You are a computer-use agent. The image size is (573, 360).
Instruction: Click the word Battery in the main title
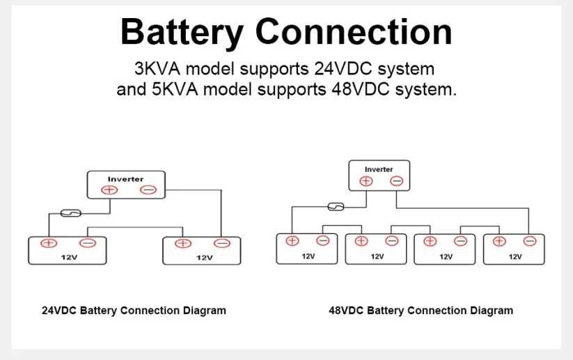click(182, 32)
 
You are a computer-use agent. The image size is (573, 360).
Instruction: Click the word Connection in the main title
click(353, 32)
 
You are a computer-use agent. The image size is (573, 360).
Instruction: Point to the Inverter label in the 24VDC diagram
click(125, 179)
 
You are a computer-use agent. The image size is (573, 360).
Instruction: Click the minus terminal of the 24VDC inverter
click(148, 189)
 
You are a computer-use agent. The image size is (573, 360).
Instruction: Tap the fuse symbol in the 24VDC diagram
click(71, 212)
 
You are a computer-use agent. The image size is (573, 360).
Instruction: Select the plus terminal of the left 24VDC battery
click(48, 243)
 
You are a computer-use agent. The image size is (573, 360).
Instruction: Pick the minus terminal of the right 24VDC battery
click(221, 243)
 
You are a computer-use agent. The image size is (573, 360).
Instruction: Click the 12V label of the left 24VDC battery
click(68, 257)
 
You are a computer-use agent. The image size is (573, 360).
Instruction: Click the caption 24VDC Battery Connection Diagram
click(134, 311)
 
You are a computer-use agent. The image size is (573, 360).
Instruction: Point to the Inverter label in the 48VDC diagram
click(379, 169)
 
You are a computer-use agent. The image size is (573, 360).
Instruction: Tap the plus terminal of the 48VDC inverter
click(366, 181)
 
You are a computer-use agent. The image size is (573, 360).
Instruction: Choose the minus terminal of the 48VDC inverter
click(396, 181)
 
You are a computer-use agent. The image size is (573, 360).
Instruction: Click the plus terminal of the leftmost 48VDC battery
click(292, 241)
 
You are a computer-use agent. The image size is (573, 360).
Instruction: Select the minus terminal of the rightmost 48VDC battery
click(530, 241)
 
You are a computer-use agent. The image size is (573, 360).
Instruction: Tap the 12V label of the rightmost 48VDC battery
click(515, 256)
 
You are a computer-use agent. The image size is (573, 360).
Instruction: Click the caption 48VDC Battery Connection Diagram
click(421, 311)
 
